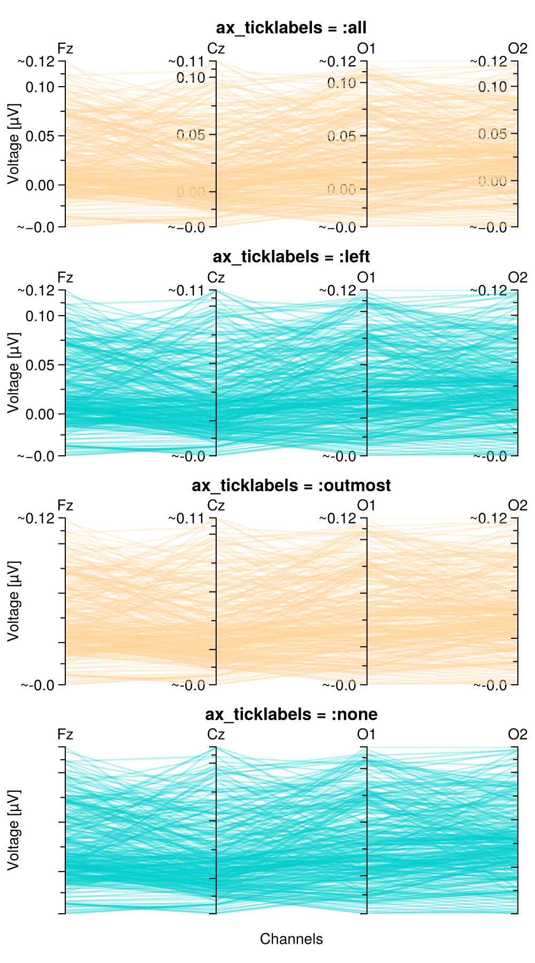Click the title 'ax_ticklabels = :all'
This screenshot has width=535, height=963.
pyautogui.click(x=291, y=28)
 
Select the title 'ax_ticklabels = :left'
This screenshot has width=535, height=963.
pyautogui.click(x=291, y=257)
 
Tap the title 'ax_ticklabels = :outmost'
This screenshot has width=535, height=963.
pyautogui.click(x=291, y=485)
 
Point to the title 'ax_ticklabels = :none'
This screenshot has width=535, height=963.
pyautogui.click(x=291, y=714)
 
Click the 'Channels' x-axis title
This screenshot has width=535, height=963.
pyautogui.click(x=291, y=939)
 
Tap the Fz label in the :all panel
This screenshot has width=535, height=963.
pyautogui.click(x=65, y=49)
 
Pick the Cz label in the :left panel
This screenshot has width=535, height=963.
pyautogui.click(x=216, y=278)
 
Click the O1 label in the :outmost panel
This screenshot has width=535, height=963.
pyautogui.click(x=366, y=506)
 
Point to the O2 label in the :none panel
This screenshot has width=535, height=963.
pyautogui.click(x=517, y=735)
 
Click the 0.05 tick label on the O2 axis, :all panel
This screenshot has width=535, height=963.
pyautogui.click(x=492, y=134)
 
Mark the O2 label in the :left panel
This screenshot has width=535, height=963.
pyautogui.click(x=517, y=278)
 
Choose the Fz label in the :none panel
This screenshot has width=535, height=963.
pyautogui.click(x=65, y=735)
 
